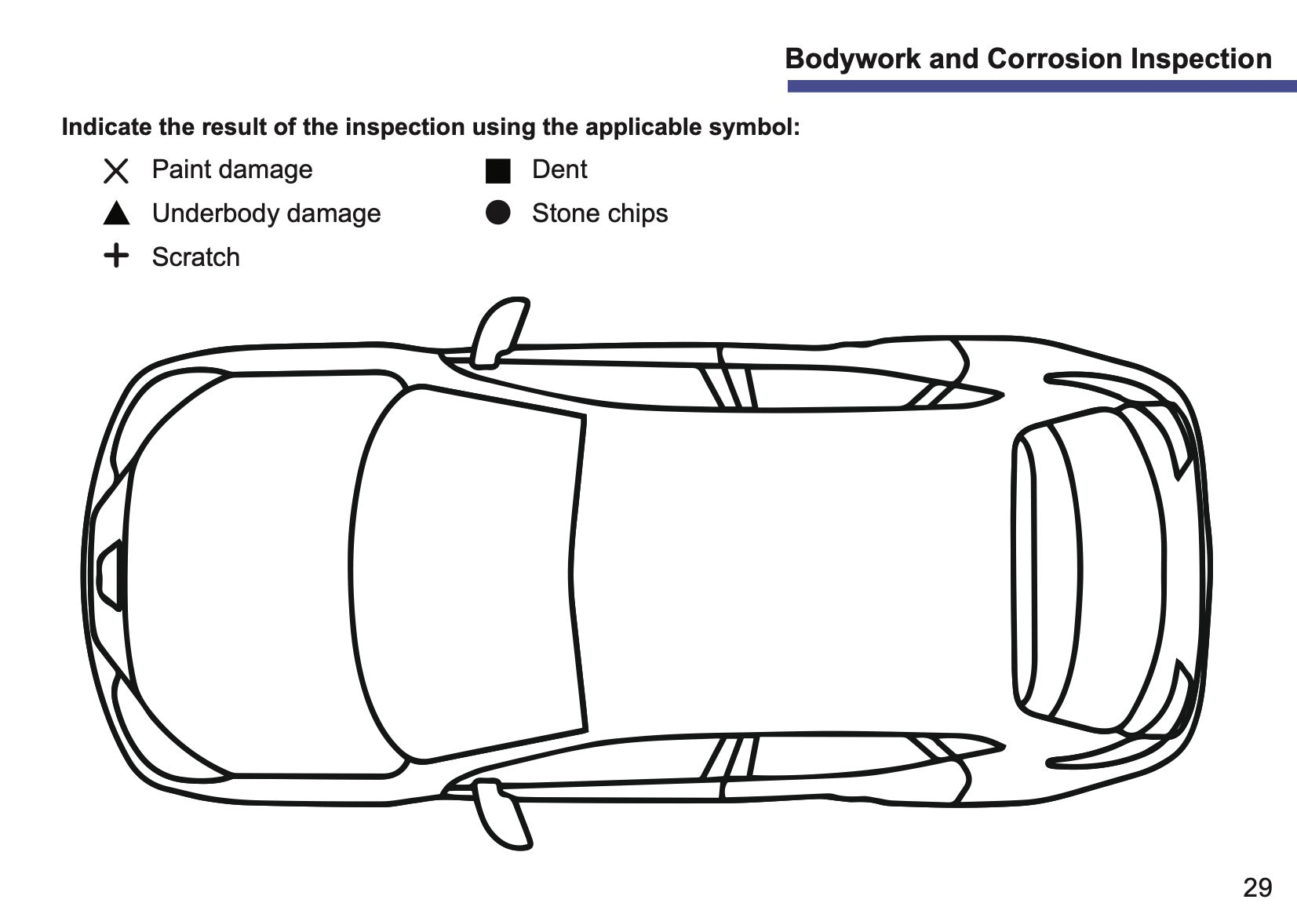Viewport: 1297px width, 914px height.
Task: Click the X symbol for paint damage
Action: (x=116, y=171)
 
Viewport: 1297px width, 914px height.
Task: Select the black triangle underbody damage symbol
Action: (x=116, y=213)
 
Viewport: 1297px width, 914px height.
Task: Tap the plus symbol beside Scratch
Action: (x=116, y=255)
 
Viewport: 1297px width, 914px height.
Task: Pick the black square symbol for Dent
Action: (x=498, y=171)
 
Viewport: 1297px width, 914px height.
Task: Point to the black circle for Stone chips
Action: (x=498, y=213)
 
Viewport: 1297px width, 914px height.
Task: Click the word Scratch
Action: (x=195, y=257)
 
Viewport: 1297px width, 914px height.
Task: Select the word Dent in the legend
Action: (x=559, y=169)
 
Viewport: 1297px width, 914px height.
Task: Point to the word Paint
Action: (x=181, y=169)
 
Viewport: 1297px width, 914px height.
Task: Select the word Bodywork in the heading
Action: (x=853, y=60)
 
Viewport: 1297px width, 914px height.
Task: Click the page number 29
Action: (x=1258, y=887)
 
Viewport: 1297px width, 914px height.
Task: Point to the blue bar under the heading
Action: (x=1042, y=86)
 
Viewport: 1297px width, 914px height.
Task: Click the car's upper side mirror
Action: (x=499, y=333)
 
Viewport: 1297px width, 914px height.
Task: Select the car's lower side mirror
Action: (x=501, y=814)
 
